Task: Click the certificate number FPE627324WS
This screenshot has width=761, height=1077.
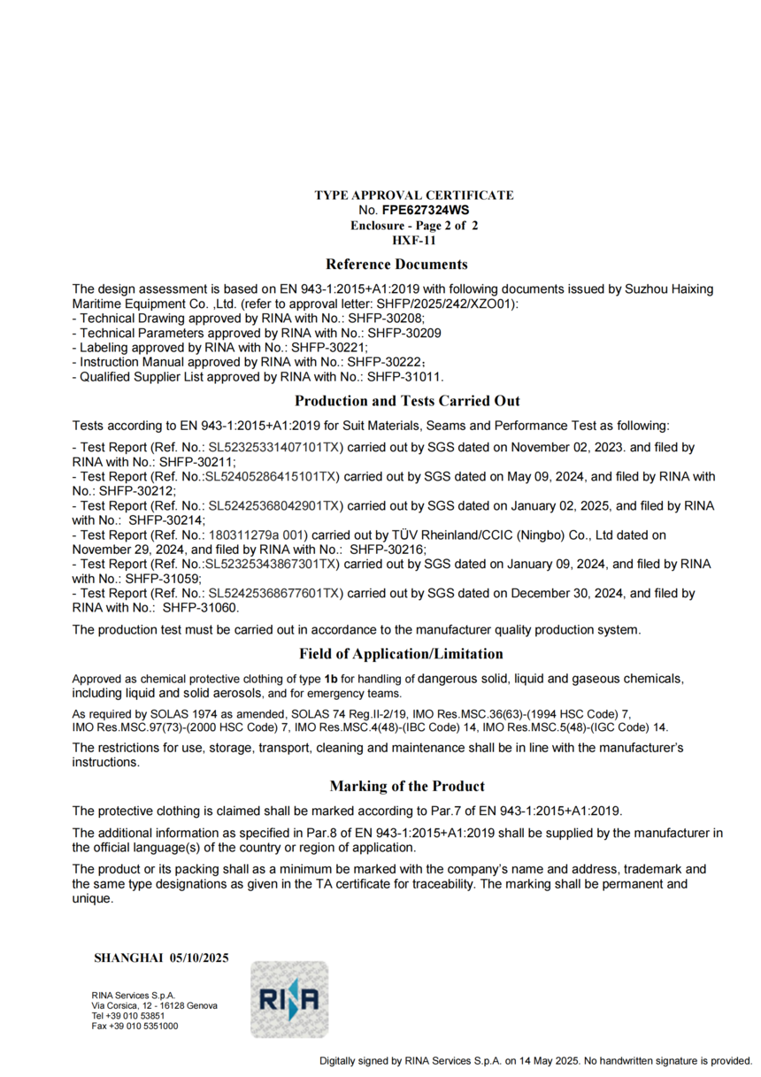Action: coord(425,211)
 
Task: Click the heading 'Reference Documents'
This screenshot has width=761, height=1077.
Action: coord(396,264)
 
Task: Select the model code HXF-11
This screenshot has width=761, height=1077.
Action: coord(414,240)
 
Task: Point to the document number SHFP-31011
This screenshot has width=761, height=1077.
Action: coord(405,376)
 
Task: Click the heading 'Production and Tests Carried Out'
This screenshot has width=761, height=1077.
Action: coord(407,401)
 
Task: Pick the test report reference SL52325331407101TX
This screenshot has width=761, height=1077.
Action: coord(274,449)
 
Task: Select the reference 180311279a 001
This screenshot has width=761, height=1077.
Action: coord(257,535)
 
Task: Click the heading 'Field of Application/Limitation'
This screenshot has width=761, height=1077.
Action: coord(401,654)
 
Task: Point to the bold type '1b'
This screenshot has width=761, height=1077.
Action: coord(332,679)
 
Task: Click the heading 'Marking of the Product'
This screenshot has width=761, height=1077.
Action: coord(407,786)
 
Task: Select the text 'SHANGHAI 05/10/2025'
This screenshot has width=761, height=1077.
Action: coord(161,958)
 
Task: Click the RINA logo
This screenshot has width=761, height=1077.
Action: coord(289,1000)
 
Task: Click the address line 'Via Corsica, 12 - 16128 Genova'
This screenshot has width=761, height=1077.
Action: coord(154,1006)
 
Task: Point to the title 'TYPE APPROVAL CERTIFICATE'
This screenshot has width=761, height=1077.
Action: coord(413,195)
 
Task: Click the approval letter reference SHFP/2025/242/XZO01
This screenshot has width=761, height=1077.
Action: coord(449,304)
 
